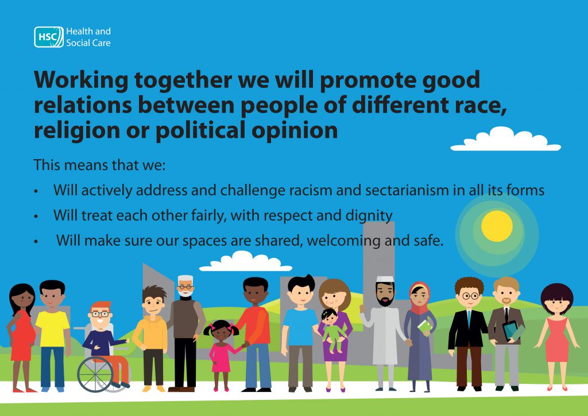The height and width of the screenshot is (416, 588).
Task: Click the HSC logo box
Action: [x=48, y=37]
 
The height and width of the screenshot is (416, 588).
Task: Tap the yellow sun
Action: [x=497, y=226]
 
